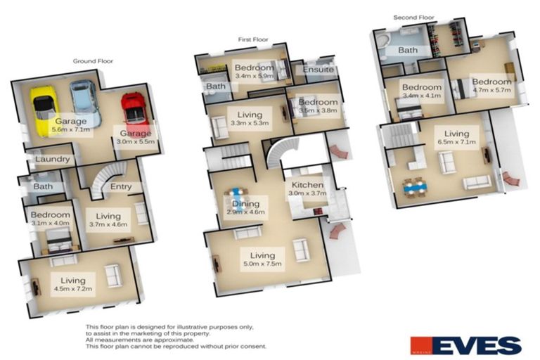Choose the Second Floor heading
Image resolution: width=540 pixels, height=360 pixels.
tap(415, 18)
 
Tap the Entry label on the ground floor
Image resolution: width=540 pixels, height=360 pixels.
tap(120, 186)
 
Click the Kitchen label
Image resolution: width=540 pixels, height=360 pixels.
tap(307, 186)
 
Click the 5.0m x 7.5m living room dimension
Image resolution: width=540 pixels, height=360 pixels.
tap(262, 264)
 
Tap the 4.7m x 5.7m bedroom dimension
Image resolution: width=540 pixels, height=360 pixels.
tap(492, 90)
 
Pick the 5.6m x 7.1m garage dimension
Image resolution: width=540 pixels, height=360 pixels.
tap(71, 129)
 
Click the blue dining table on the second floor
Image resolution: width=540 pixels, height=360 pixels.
tap(415, 186)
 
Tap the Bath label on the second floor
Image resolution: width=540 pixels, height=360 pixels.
tap(408, 51)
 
